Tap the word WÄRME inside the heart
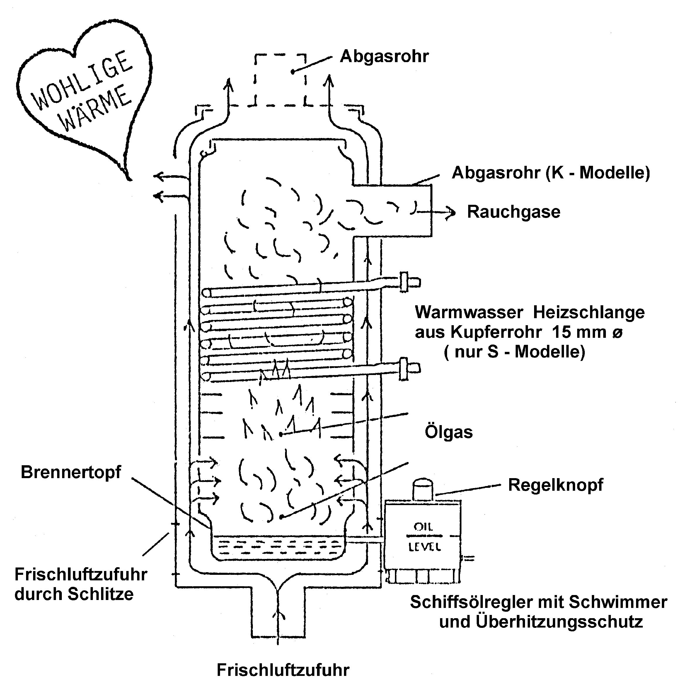(x=95, y=109)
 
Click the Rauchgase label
(x=514, y=212)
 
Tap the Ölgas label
(x=449, y=432)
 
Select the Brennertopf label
(x=71, y=472)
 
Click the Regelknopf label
(x=556, y=485)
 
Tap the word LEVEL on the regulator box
(x=425, y=547)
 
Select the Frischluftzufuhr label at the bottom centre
(x=283, y=670)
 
